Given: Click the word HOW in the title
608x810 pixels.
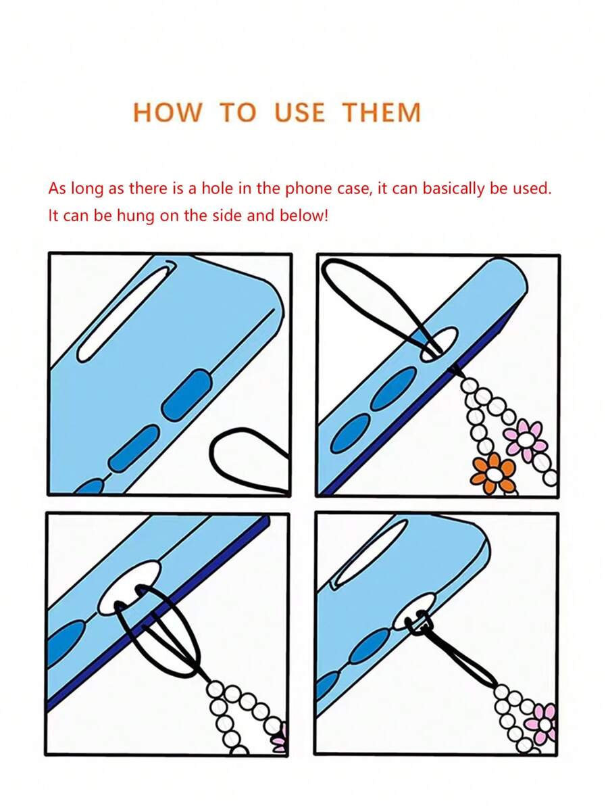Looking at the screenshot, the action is coord(168,112).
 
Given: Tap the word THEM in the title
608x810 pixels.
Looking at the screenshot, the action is coord(382,112).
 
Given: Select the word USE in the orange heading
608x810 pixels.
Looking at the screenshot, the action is coord(300,112).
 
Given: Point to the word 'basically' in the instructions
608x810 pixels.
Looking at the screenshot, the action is coord(454,189).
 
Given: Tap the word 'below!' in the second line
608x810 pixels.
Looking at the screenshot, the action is coord(303,215).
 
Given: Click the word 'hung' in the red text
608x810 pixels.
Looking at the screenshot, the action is coord(136,216).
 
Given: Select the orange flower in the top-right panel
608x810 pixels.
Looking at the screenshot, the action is coord(493,472).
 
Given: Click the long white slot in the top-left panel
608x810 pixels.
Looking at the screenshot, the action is coord(126,313).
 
